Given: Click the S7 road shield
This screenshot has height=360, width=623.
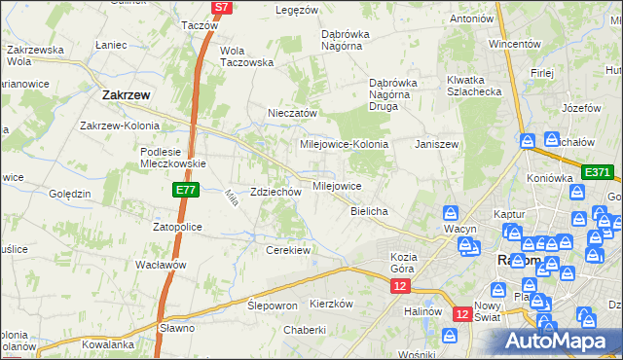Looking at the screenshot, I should [x=223, y=7].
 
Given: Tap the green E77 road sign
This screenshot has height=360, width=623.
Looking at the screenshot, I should [x=188, y=190].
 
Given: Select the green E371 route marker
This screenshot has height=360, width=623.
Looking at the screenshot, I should [x=597, y=172].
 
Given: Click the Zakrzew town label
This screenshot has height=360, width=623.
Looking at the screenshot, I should [x=125, y=95].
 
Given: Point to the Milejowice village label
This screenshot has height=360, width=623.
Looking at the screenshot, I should [x=337, y=186].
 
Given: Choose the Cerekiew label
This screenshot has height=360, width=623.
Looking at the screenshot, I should [x=288, y=250].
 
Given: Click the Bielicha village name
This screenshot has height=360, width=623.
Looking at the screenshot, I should [x=369, y=211].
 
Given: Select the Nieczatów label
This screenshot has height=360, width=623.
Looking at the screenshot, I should [x=293, y=113].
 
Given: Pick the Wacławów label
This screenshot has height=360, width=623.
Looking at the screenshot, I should [x=161, y=265].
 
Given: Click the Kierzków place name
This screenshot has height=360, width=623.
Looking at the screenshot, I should [x=330, y=304].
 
